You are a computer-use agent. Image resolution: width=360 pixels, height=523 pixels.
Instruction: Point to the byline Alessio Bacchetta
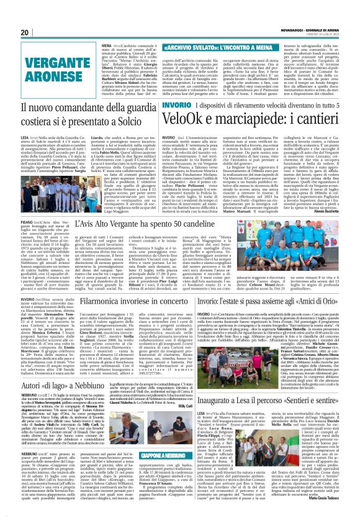click(x=337, y=209)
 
